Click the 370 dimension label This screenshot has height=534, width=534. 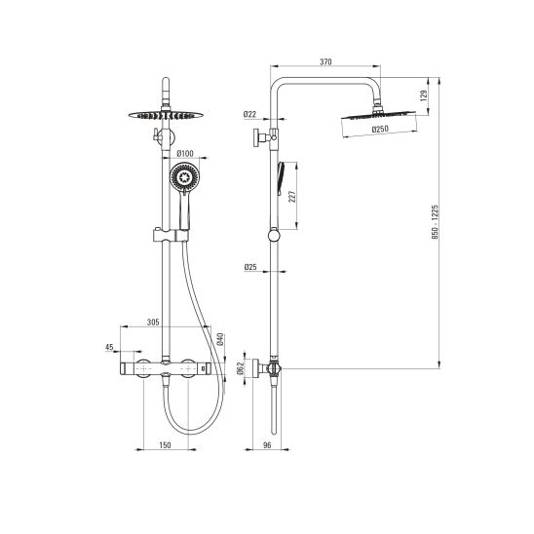coord(325,62)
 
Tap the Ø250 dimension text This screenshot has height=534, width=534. coord(380,129)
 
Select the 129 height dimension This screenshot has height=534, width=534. coord(424,95)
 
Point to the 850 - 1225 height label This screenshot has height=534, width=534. coord(436,222)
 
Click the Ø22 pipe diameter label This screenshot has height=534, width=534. coord(249,114)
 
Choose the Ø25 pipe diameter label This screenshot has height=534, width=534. coord(250,267)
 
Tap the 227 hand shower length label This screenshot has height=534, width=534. coord(292,197)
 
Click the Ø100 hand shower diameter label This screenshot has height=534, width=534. coord(185,154)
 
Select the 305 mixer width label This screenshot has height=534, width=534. coord(153,323)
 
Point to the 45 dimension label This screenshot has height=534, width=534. coord(109,347)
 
